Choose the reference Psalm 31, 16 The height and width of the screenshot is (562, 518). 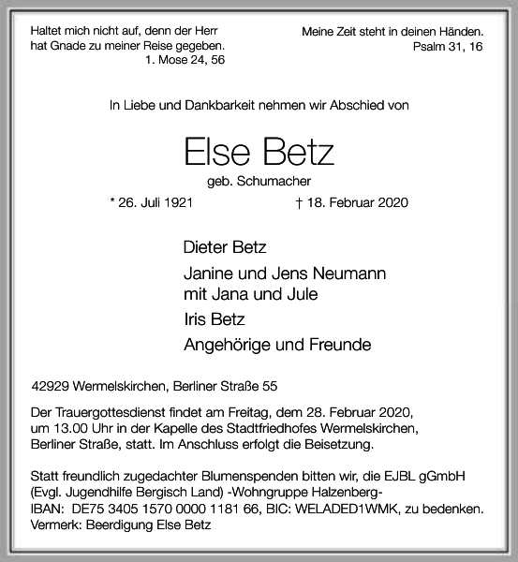click(x=447, y=47)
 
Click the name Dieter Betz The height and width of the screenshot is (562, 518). click(x=225, y=248)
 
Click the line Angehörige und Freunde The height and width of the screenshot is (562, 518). click(x=277, y=345)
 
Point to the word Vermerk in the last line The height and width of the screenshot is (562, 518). click(x=53, y=525)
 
